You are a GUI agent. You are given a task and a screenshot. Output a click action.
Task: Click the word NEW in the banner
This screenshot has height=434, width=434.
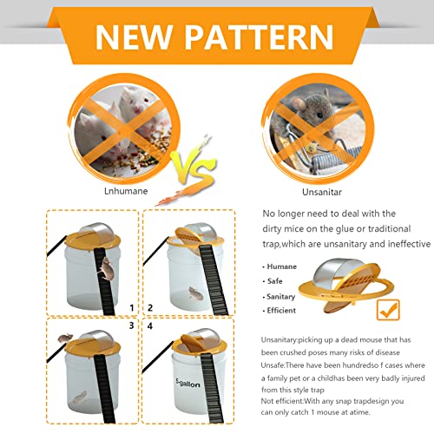[134, 36]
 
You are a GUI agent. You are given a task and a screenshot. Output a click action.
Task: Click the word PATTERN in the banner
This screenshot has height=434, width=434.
[259, 36]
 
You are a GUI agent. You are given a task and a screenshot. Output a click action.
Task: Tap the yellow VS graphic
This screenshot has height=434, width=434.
[194, 168]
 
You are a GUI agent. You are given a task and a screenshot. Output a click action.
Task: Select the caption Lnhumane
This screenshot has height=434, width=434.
[126, 191]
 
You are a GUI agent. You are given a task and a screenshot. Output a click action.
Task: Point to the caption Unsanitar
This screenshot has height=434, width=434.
[322, 192]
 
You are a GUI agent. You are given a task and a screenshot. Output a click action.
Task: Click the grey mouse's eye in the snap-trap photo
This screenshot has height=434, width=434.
[319, 115]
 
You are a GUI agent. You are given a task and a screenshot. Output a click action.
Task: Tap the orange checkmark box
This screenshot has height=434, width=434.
[388, 310]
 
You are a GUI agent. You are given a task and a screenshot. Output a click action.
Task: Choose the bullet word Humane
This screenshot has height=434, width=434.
[281, 266]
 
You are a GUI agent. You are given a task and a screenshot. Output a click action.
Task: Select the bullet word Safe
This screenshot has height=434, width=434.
[274, 281]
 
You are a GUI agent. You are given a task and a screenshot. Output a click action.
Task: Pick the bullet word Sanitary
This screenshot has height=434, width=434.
[280, 297]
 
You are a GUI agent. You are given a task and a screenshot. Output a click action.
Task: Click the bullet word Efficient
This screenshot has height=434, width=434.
[281, 311]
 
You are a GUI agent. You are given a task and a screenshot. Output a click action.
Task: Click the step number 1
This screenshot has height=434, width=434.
[132, 308]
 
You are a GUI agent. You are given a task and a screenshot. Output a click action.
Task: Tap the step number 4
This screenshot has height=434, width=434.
[149, 326]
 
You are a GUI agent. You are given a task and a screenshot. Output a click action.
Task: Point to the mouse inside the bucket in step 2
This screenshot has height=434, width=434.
[195, 293]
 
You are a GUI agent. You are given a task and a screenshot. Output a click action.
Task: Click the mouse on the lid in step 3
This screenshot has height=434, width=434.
[65, 338]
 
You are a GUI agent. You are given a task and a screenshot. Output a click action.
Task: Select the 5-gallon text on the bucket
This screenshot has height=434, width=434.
[187, 383]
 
